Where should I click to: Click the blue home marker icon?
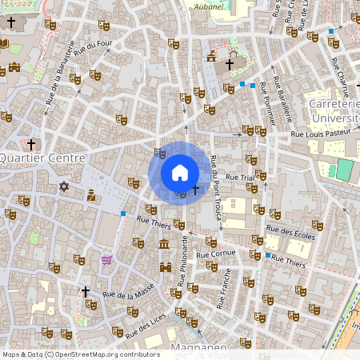[x=180, y=173]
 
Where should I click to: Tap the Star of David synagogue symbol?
[x=65, y=186]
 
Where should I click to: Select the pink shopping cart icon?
[x=106, y=260]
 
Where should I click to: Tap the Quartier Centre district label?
[x=42, y=158]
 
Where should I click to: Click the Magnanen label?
[x=198, y=349]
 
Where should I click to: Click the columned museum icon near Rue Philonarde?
[x=164, y=243]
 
